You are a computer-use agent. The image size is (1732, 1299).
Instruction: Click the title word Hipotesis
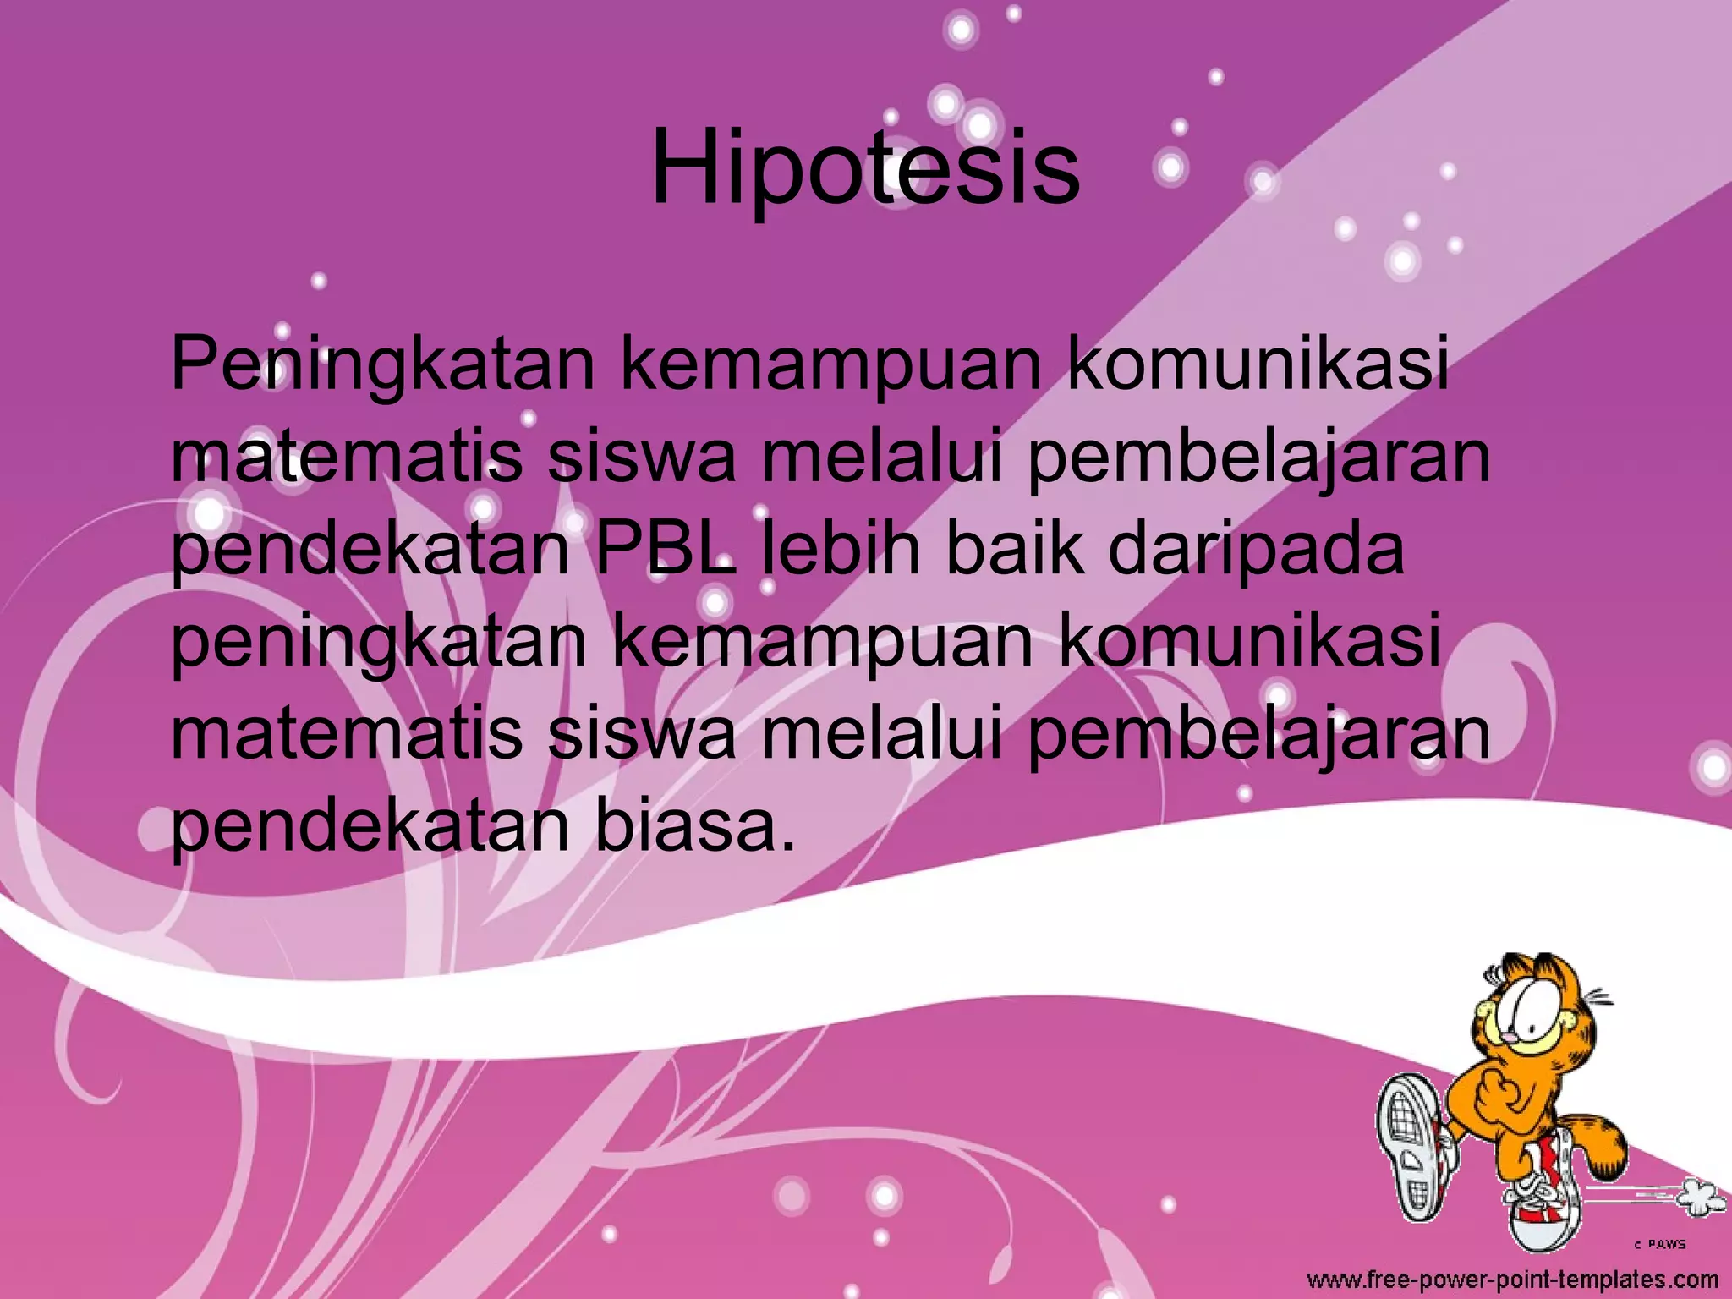point(865,169)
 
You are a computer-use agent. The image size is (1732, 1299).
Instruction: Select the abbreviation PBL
point(665,550)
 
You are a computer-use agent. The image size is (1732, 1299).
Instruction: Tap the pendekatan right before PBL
point(370,550)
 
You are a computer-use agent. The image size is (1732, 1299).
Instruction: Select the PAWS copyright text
point(1659,1243)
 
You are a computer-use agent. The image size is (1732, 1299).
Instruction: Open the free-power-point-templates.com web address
point(1513,1279)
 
